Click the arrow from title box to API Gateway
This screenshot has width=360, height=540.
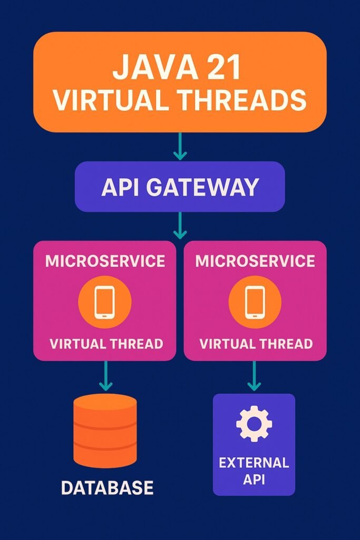(x=180, y=146)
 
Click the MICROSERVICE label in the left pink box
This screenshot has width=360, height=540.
(x=105, y=261)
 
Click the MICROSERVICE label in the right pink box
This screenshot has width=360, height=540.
(x=255, y=261)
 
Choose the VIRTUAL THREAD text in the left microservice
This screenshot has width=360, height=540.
(x=106, y=344)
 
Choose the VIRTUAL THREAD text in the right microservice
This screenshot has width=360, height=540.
(x=256, y=344)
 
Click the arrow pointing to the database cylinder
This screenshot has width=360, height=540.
(x=106, y=375)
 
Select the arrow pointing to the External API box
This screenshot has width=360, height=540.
(x=254, y=376)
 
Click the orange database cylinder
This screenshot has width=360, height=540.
(x=105, y=430)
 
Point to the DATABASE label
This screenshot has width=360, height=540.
(x=107, y=487)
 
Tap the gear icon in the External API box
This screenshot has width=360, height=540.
(x=254, y=423)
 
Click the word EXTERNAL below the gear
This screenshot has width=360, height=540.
(x=254, y=463)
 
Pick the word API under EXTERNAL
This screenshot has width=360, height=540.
(x=254, y=480)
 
